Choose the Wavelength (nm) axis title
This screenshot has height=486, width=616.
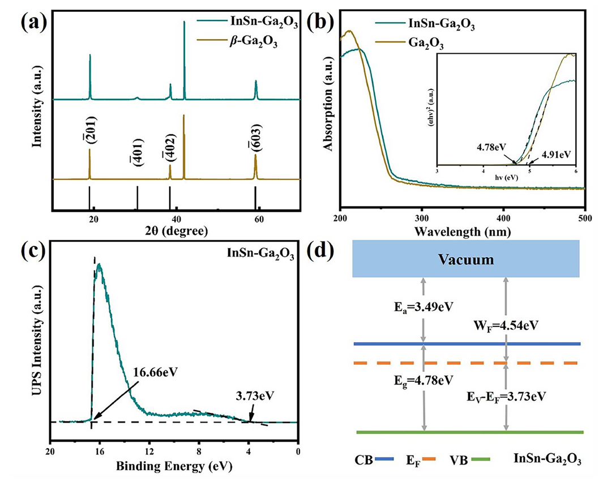coord(462,232)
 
